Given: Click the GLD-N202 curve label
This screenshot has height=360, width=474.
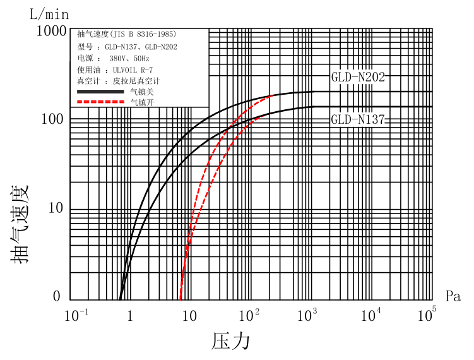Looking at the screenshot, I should click(358, 78).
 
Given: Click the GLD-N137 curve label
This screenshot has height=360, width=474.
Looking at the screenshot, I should click(358, 119).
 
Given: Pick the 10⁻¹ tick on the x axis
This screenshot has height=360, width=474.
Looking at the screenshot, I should click(76, 314).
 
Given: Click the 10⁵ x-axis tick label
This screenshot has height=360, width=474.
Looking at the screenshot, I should click(427, 314).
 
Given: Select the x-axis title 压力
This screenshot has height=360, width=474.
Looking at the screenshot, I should click(231, 341).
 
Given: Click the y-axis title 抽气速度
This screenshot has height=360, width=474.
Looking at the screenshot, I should click(20, 219).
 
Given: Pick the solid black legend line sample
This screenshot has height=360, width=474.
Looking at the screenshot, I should click(98, 92).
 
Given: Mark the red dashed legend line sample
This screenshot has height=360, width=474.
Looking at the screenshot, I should click(98, 102).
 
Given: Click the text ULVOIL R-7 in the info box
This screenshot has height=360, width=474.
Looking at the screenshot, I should click(133, 69).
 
